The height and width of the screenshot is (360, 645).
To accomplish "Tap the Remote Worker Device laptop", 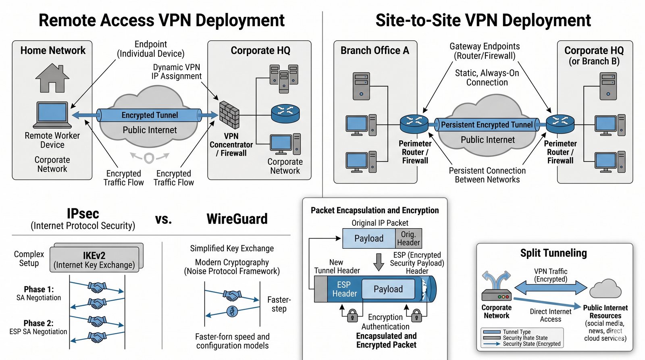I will coord(52,115).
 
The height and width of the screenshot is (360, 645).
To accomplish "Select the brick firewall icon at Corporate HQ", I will coord(229,115).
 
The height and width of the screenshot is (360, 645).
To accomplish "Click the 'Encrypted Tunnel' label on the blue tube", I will coord(150,115).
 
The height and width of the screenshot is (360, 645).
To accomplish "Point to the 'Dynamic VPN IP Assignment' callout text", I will coord(177,72).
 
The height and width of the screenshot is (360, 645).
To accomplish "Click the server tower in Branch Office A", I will coord(361,86).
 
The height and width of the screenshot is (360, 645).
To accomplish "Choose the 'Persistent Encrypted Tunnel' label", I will coord(487,125).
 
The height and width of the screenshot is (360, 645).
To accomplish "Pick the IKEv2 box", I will coord(95,260).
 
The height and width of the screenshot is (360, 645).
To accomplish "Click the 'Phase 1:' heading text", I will coord(39,289).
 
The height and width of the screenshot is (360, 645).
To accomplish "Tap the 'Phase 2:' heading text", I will coord(38,323).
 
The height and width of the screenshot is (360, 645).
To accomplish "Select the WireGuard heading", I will coord(237,219).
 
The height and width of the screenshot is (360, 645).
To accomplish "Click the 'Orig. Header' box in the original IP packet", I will coord(408,238).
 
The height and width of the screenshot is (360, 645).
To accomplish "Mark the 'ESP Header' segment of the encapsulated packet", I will coord(344,289).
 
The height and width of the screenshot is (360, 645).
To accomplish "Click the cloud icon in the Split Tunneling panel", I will coord(605,289).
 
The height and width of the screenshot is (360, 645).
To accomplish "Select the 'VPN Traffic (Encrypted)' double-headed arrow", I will coord(551,288).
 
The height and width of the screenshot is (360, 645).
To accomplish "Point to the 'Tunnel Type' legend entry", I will coord(516,332).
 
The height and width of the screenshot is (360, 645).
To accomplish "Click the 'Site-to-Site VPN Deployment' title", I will coord(483,21).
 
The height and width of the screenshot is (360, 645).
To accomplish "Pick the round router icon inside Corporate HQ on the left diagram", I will coord(285,113).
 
